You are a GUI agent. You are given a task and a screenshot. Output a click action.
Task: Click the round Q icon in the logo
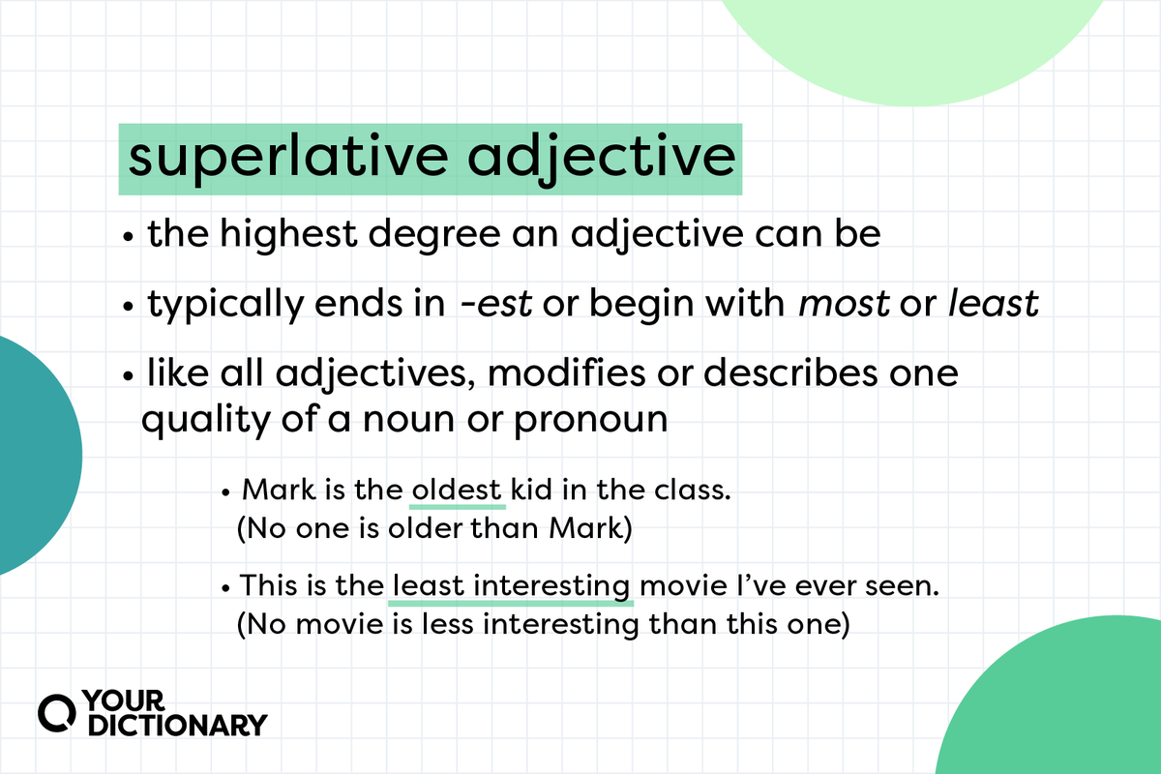pos(55,712)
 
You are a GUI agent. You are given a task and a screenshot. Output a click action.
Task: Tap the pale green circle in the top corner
pos(909,39)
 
